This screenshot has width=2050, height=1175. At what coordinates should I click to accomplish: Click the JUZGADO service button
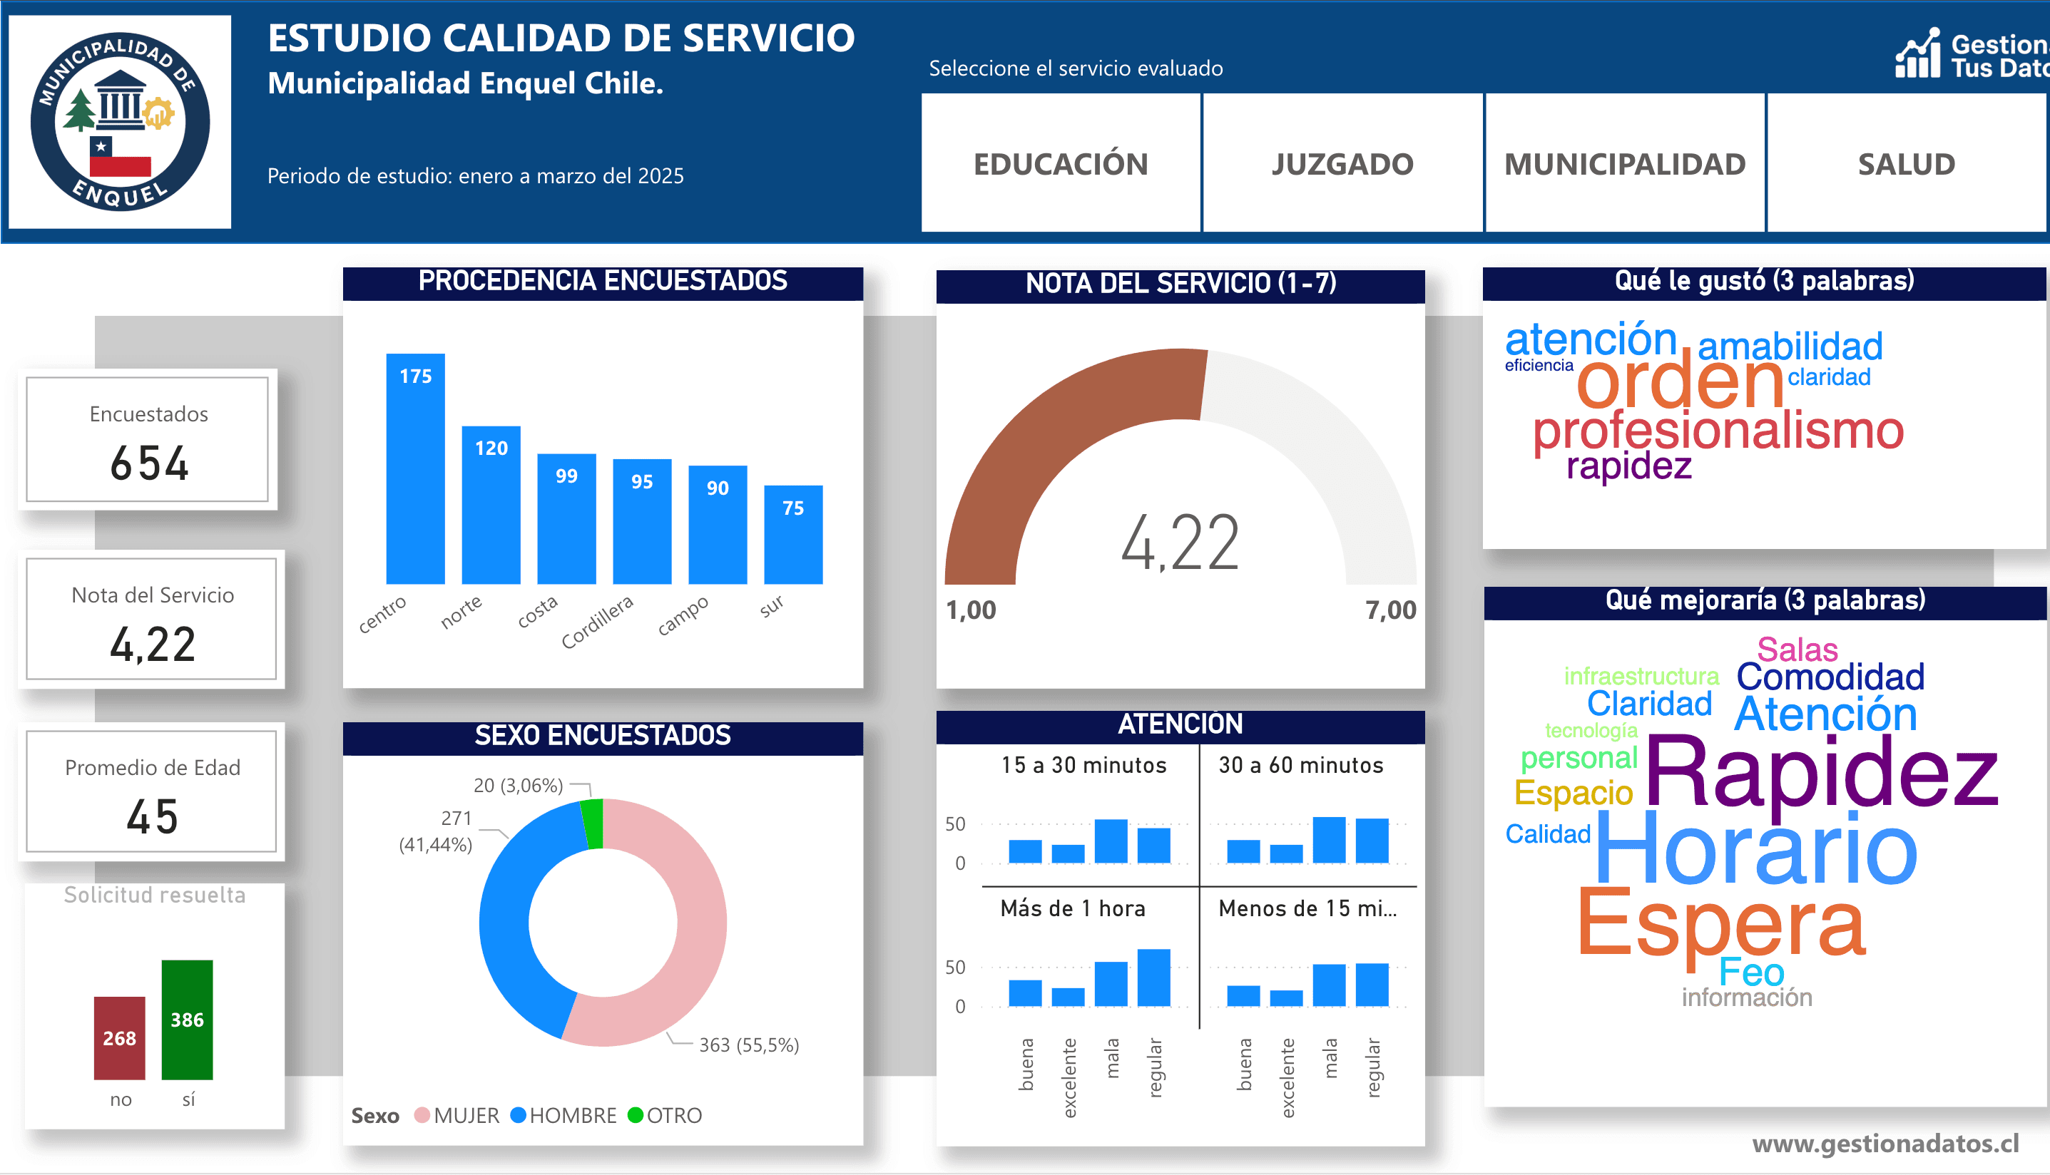(1342, 164)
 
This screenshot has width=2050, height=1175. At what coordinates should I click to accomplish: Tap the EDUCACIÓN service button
(1061, 164)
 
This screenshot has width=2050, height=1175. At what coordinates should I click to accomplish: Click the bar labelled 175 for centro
(415, 468)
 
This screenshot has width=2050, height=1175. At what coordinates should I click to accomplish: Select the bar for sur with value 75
(792, 534)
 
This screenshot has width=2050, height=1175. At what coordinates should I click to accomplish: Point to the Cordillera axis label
(597, 622)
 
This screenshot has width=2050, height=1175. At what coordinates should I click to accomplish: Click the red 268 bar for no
(119, 1038)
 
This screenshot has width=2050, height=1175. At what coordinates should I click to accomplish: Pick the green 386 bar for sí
(188, 1020)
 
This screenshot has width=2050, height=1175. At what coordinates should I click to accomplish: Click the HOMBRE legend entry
(564, 1115)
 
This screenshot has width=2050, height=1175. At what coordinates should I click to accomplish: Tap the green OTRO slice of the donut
(593, 823)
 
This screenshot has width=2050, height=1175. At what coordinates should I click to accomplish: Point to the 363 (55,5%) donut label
(748, 1045)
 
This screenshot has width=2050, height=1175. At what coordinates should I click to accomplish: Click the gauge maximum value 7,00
(1389, 610)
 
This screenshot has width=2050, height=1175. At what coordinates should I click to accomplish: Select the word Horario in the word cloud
(1756, 850)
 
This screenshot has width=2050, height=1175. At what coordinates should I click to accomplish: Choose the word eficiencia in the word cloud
(1539, 366)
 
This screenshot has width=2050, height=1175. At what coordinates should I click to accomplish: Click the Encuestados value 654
(149, 464)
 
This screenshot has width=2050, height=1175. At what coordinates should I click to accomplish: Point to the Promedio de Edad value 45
(152, 816)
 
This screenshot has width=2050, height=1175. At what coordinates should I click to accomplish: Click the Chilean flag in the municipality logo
(119, 158)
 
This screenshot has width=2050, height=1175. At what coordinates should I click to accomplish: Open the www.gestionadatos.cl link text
(1885, 1144)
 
